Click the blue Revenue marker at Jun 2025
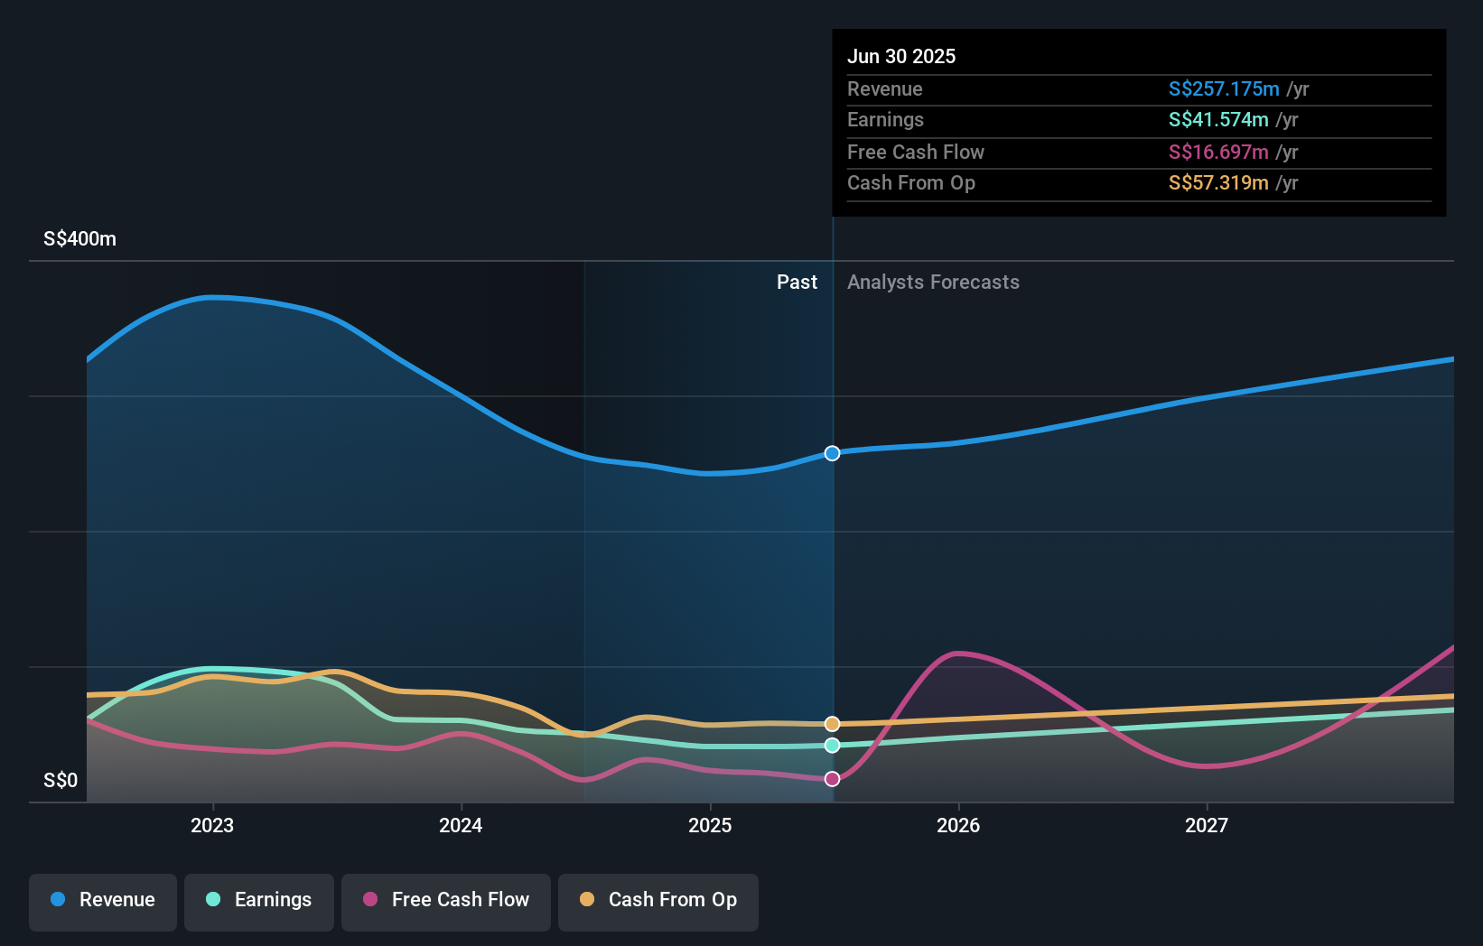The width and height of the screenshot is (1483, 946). (832, 453)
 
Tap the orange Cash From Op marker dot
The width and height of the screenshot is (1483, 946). (832, 724)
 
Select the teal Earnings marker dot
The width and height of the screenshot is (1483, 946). (832, 746)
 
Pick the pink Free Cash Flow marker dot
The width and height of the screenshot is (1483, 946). (832, 779)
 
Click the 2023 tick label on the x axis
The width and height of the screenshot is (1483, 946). (212, 825)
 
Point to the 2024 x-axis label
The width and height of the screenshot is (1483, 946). (461, 825)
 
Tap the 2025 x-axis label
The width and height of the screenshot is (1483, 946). (710, 825)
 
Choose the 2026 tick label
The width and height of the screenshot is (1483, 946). (958, 825)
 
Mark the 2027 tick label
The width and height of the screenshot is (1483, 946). (1207, 825)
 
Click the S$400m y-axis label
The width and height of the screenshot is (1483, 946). (79, 239)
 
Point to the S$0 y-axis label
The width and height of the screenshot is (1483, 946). (61, 781)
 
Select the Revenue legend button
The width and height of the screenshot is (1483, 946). (103, 900)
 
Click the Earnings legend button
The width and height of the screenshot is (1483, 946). (259, 900)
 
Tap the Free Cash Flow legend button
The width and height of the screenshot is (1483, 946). (446, 900)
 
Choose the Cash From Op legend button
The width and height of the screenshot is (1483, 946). (658, 900)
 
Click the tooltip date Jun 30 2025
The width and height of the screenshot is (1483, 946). (901, 56)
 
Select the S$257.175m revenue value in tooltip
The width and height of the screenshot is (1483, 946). (1224, 89)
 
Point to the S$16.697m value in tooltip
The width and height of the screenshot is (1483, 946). (1218, 153)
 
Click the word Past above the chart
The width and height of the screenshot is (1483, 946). (797, 283)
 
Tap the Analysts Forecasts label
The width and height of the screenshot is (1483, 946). (933, 283)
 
